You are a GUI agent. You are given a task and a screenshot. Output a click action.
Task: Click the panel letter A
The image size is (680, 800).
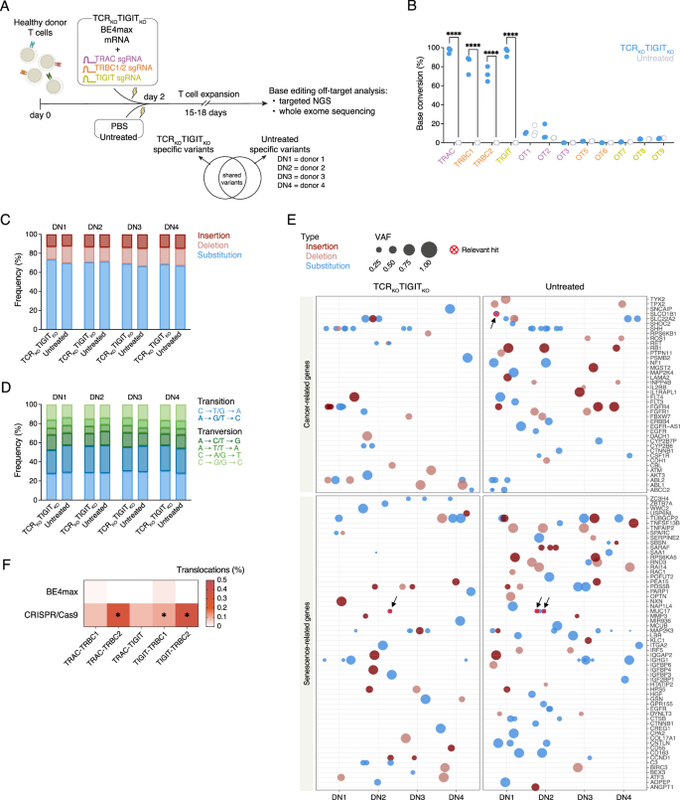(x=7, y=7)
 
